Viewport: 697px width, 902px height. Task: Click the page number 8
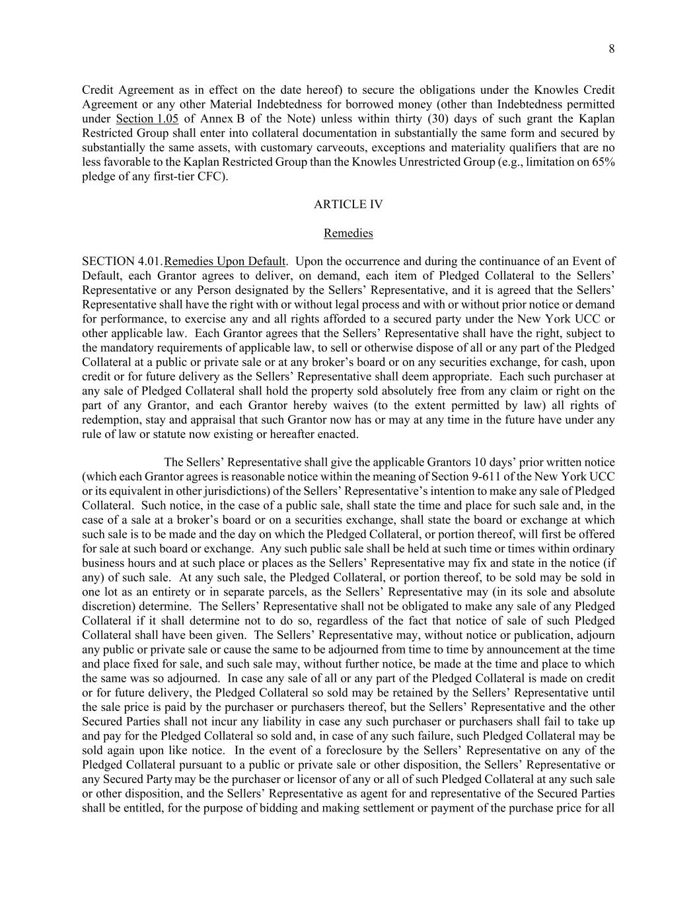(x=611, y=48)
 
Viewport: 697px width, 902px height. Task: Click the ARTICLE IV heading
(x=348, y=204)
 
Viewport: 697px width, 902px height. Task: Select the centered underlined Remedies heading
(x=348, y=233)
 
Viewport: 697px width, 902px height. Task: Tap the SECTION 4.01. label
(x=122, y=261)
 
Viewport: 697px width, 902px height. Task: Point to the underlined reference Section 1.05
(x=147, y=119)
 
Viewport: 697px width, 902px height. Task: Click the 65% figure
(x=603, y=163)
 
